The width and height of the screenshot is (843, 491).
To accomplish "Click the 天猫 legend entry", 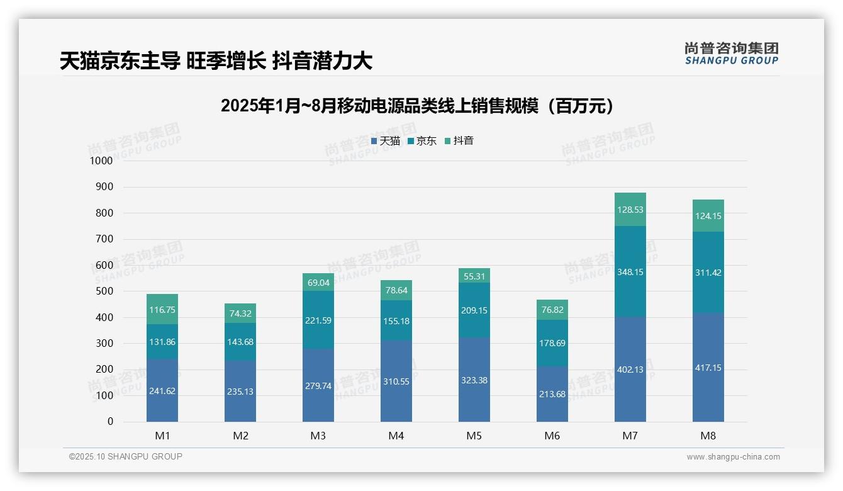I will tap(386, 141).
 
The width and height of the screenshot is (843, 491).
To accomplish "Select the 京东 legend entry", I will tap(422, 141).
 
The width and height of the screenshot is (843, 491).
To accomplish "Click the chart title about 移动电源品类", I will tap(417, 106).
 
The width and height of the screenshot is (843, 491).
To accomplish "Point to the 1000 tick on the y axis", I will tap(101, 161).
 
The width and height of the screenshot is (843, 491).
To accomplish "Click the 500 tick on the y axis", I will tap(104, 291).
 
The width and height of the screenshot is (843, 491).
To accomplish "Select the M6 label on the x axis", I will tap(552, 436).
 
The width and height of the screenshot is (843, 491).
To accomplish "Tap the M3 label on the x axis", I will tap(318, 436).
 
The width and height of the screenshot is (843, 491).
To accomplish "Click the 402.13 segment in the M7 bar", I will tap(630, 370).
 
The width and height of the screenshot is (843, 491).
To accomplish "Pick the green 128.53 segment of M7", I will tap(630, 210).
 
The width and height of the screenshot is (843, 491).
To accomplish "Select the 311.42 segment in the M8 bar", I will tap(708, 273).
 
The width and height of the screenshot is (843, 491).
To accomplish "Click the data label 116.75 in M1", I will tap(162, 310).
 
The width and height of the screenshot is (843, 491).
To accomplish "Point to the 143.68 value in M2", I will tap(240, 342).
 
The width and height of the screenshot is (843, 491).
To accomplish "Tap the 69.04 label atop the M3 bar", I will tap(318, 283).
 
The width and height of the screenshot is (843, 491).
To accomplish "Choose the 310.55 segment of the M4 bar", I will tap(396, 381).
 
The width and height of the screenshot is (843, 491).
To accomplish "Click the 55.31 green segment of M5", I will tap(474, 276).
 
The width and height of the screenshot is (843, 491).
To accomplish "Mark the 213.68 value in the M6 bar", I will tap(552, 395).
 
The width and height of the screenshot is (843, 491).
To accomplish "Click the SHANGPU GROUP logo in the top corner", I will tap(731, 54).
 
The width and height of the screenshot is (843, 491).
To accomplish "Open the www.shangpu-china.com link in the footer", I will tap(733, 457).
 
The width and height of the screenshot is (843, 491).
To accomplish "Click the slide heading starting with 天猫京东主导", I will tap(216, 60).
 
